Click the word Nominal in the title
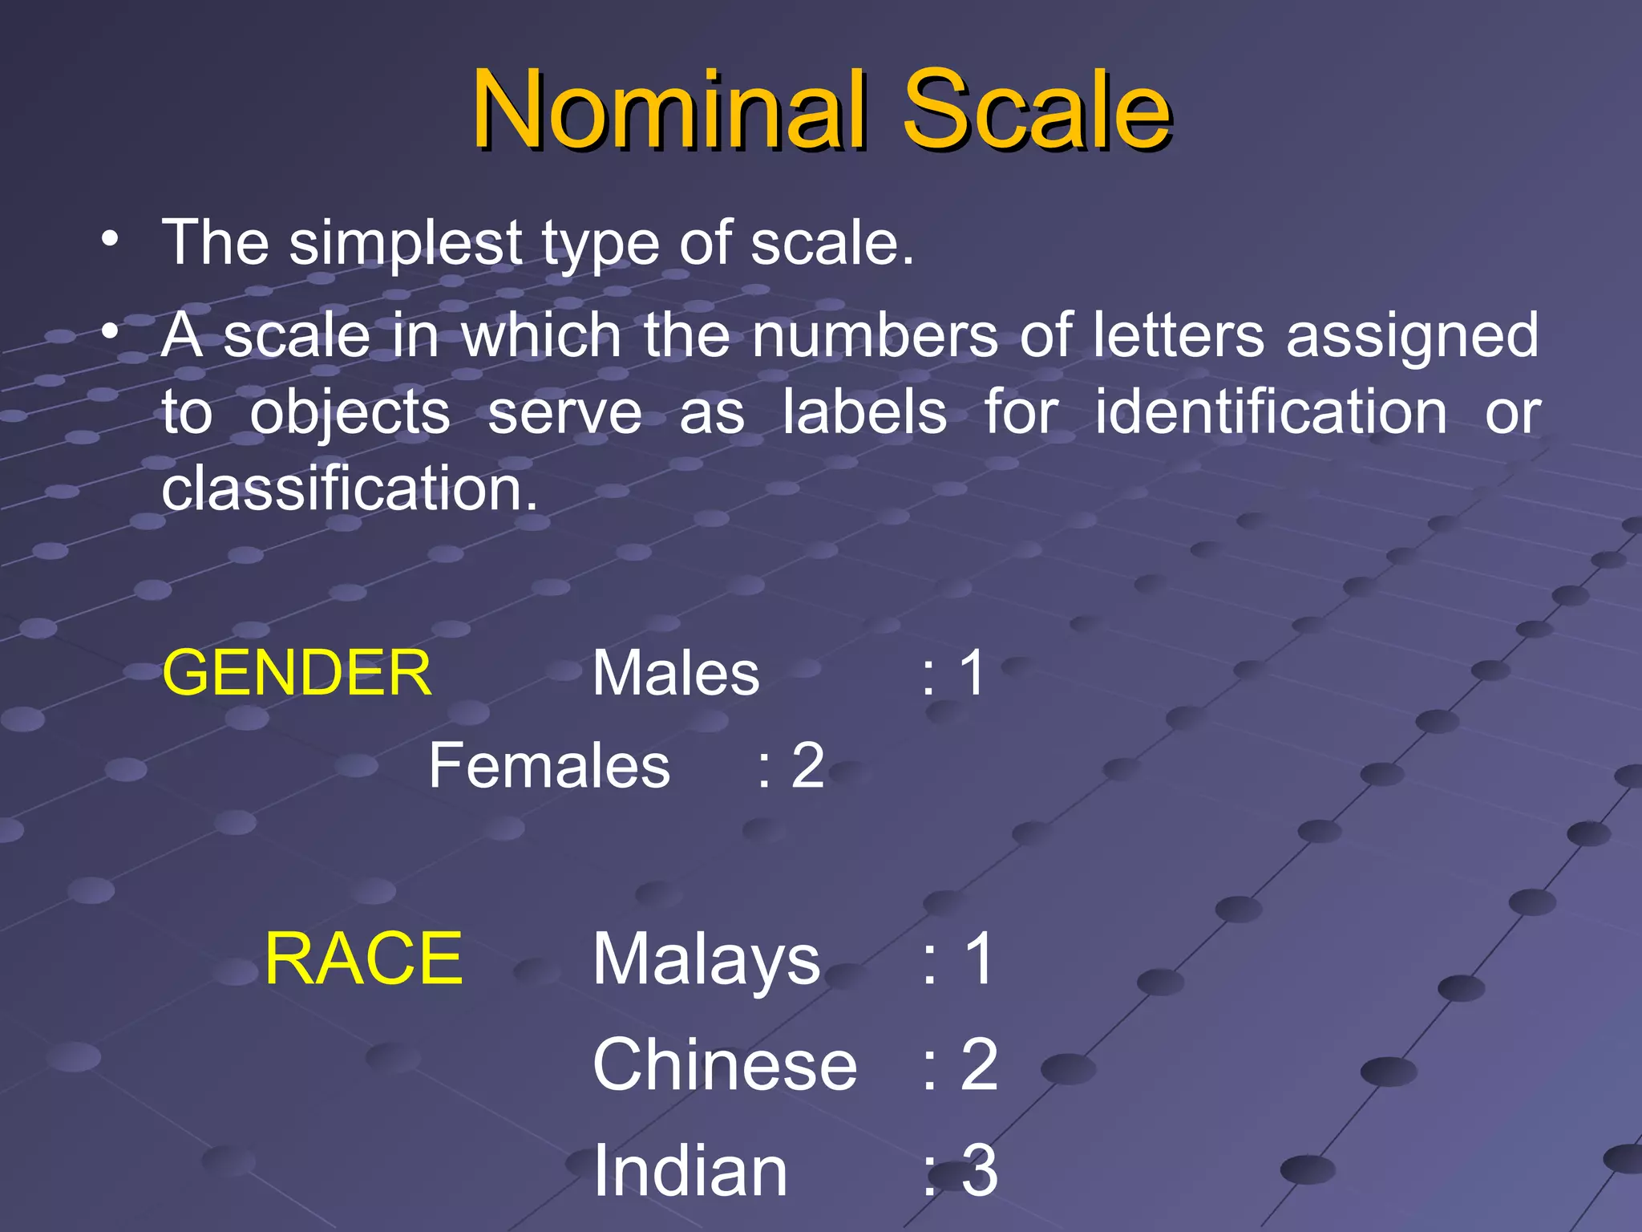(669, 110)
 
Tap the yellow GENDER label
(297, 673)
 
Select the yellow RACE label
(363, 958)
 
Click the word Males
(676, 673)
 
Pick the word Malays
(706, 960)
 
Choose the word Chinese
(725, 1065)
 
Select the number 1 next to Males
(973, 673)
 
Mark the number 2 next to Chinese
(979, 1065)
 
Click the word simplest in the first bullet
(406, 243)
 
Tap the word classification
(350, 488)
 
